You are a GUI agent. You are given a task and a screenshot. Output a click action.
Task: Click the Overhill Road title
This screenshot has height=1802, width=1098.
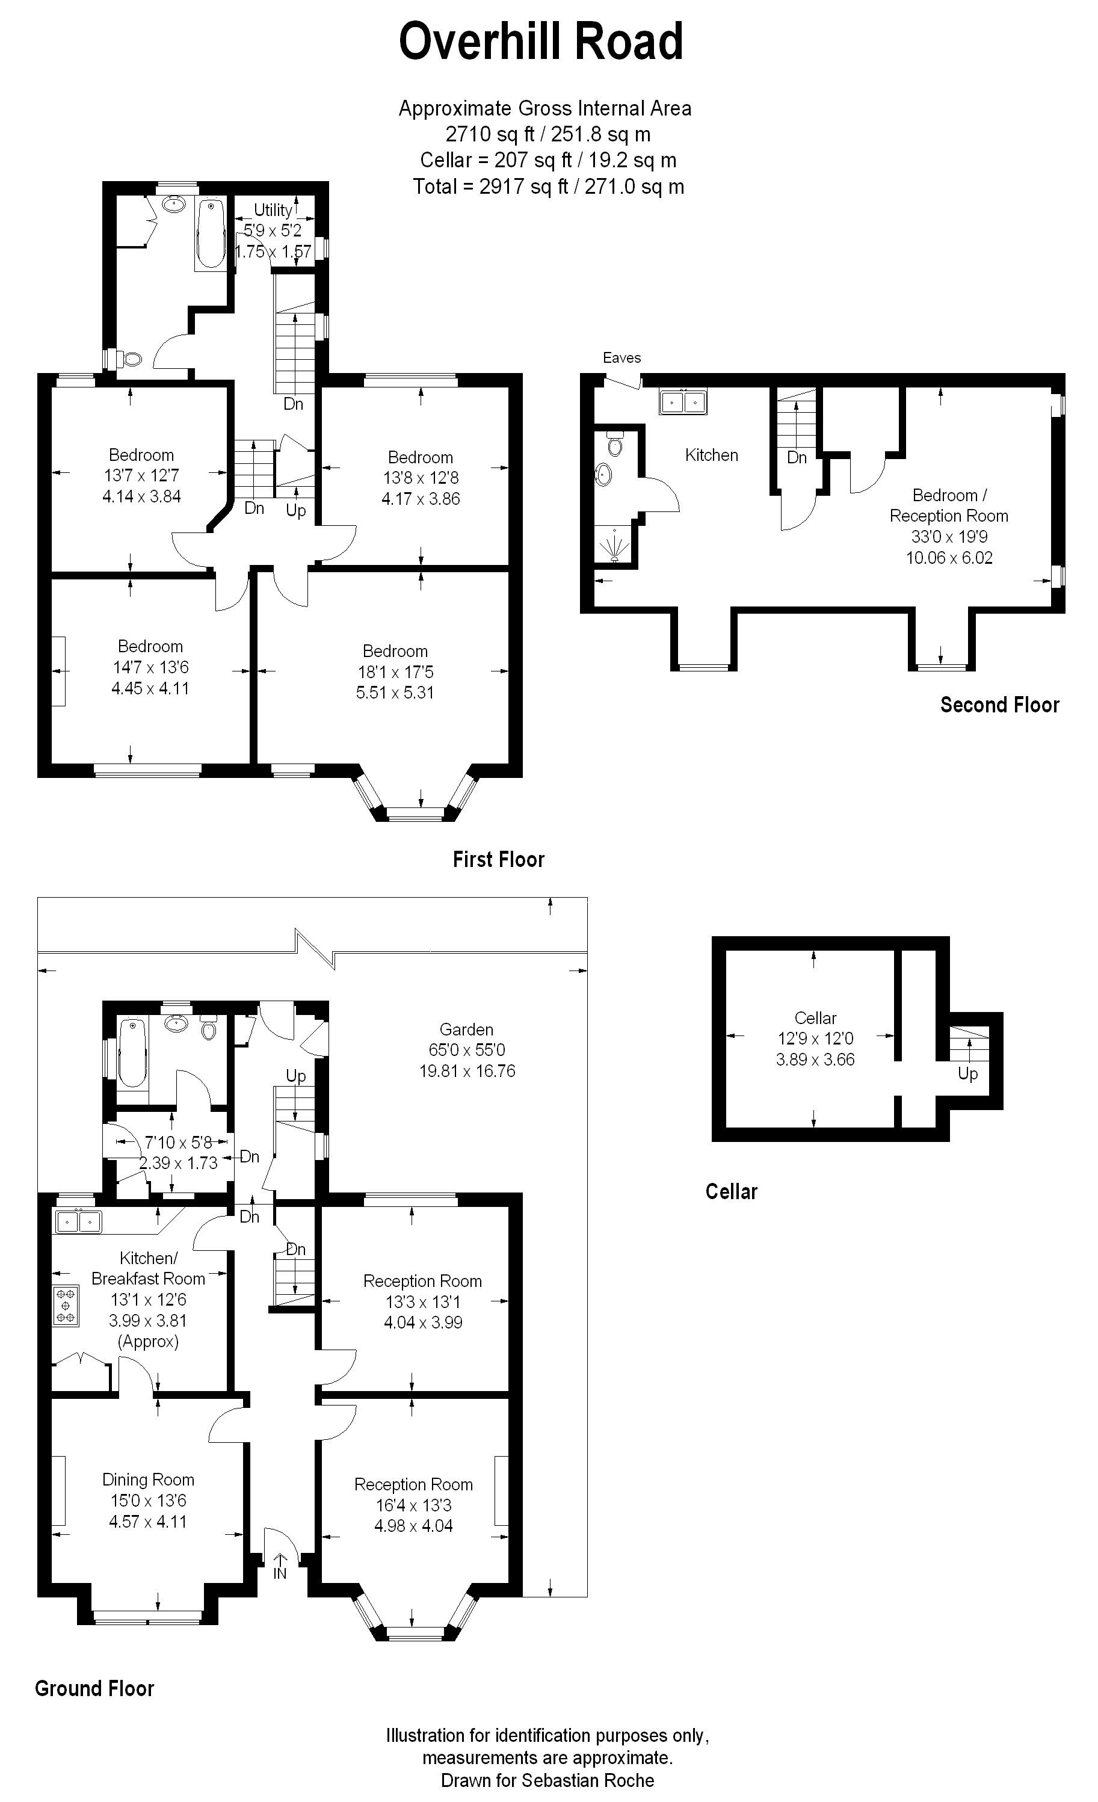(x=541, y=42)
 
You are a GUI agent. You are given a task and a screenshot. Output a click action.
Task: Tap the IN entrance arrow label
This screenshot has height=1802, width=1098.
(x=280, y=1573)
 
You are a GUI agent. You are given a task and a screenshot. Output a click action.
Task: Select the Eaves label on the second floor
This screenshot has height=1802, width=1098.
(x=621, y=357)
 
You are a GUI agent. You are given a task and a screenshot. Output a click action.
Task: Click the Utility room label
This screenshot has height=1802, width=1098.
(x=273, y=210)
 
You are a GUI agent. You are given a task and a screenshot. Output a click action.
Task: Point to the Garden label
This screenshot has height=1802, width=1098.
(x=467, y=1029)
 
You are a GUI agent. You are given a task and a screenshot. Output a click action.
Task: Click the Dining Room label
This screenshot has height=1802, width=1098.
(x=149, y=1480)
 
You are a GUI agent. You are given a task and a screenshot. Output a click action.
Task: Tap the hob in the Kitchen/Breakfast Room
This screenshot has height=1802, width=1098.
(x=66, y=1306)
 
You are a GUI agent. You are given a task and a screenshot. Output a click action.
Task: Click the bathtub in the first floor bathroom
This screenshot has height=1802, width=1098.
(x=211, y=233)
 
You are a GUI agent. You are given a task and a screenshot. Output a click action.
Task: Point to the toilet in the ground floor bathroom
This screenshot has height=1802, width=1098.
(x=209, y=1028)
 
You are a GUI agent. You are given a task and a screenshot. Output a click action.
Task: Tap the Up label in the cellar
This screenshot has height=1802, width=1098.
(x=968, y=1075)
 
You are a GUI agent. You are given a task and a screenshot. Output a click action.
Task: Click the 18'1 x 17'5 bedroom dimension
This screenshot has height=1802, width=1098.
(x=396, y=672)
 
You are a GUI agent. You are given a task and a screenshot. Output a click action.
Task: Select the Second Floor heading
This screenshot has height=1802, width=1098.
(x=1000, y=705)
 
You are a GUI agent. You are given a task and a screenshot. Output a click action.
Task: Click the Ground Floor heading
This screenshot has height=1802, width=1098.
(x=95, y=1689)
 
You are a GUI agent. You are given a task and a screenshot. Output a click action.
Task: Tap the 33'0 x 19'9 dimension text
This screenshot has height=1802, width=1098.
(x=949, y=537)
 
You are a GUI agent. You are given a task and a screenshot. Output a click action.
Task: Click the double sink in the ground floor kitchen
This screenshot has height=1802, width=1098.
(x=78, y=1221)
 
